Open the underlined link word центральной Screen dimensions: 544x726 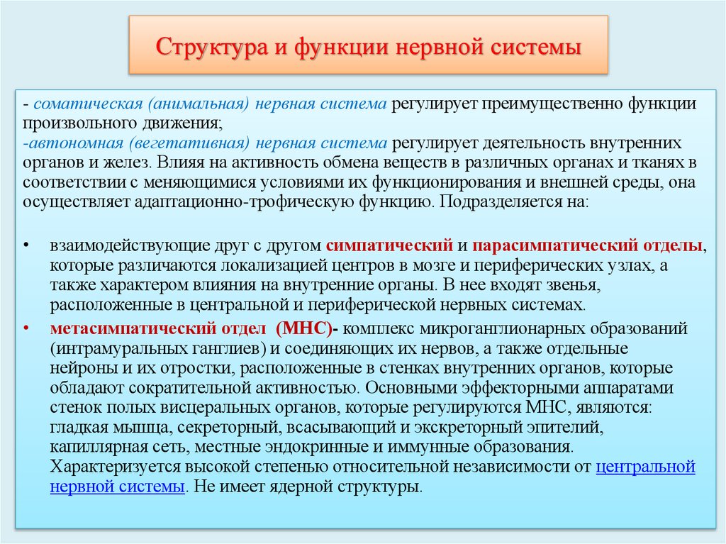pyautogui.click(x=645, y=467)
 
